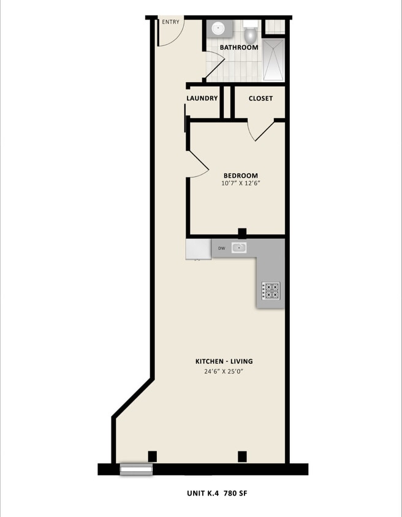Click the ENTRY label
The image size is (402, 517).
(170, 23)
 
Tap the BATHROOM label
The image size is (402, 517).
(239, 47)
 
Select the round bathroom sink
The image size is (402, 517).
(218, 29)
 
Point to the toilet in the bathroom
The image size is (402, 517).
(250, 31)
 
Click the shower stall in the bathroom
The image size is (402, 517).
(273, 59)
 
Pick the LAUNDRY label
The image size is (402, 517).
(202, 98)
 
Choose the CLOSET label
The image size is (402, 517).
(260, 98)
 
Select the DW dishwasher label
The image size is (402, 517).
(221, 248)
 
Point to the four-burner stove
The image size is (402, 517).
(271, 290)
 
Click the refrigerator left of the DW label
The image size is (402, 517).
(198, 249)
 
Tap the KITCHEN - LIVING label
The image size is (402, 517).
(224, 361)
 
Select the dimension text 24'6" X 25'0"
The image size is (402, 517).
(224, 371)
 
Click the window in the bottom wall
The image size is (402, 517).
(136, 470)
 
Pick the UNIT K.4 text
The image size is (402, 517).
(202, 493)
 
